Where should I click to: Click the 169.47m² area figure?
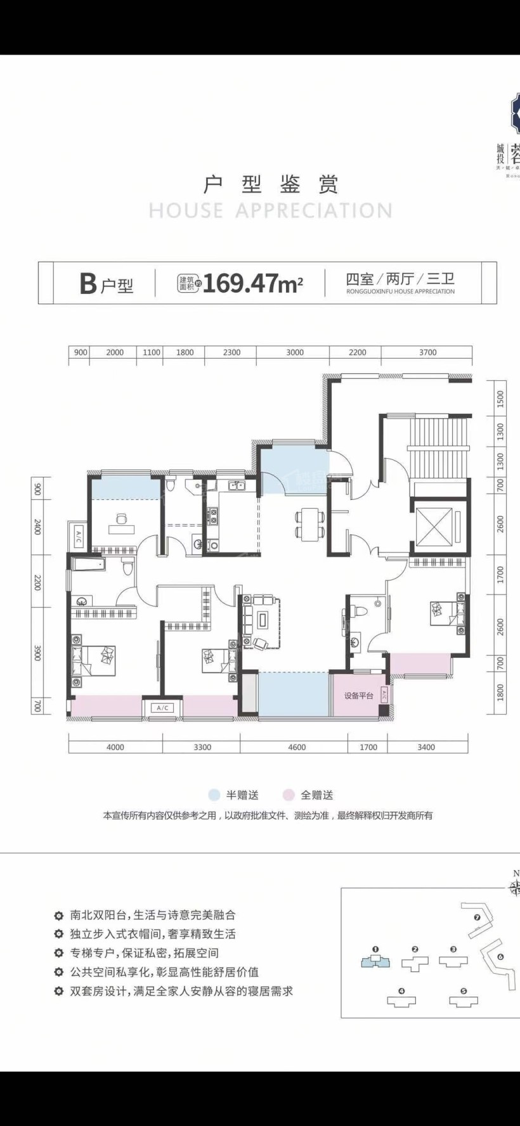(252, 283)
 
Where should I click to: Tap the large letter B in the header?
(88, 283)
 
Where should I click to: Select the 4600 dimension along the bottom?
(296, 747)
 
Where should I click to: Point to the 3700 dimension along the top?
(427, 352)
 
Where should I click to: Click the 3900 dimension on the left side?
(37, 653)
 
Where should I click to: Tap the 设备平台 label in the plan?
(358, 696)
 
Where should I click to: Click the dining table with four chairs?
(309, 524)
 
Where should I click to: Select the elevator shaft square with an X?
(434, 527)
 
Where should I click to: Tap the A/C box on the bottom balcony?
(162, 708)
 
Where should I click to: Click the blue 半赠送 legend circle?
(214, 795)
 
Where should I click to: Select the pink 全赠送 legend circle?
(289, 795)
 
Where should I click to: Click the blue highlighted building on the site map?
(375, 962)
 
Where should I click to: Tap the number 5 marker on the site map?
(464, 991)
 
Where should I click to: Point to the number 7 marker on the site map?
(477, 917)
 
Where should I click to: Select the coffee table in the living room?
(263, 621)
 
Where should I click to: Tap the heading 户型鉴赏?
(271, 184)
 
